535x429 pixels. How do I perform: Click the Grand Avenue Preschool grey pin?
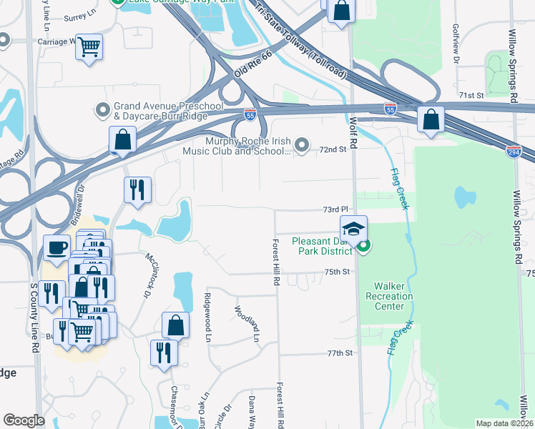point(102,111)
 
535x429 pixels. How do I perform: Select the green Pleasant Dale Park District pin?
point(363,247)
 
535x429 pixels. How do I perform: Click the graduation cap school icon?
point(353,230)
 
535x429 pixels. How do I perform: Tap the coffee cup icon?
point(57,249)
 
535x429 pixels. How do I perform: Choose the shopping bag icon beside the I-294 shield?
point(431,120)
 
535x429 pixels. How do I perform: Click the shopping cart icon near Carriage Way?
point(89,47)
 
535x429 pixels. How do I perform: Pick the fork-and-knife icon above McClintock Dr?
point(137,189)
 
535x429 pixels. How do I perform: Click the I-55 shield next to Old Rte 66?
point(249,114)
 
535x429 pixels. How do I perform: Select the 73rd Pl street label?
point(335,209)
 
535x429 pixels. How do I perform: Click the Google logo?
point(23,420)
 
